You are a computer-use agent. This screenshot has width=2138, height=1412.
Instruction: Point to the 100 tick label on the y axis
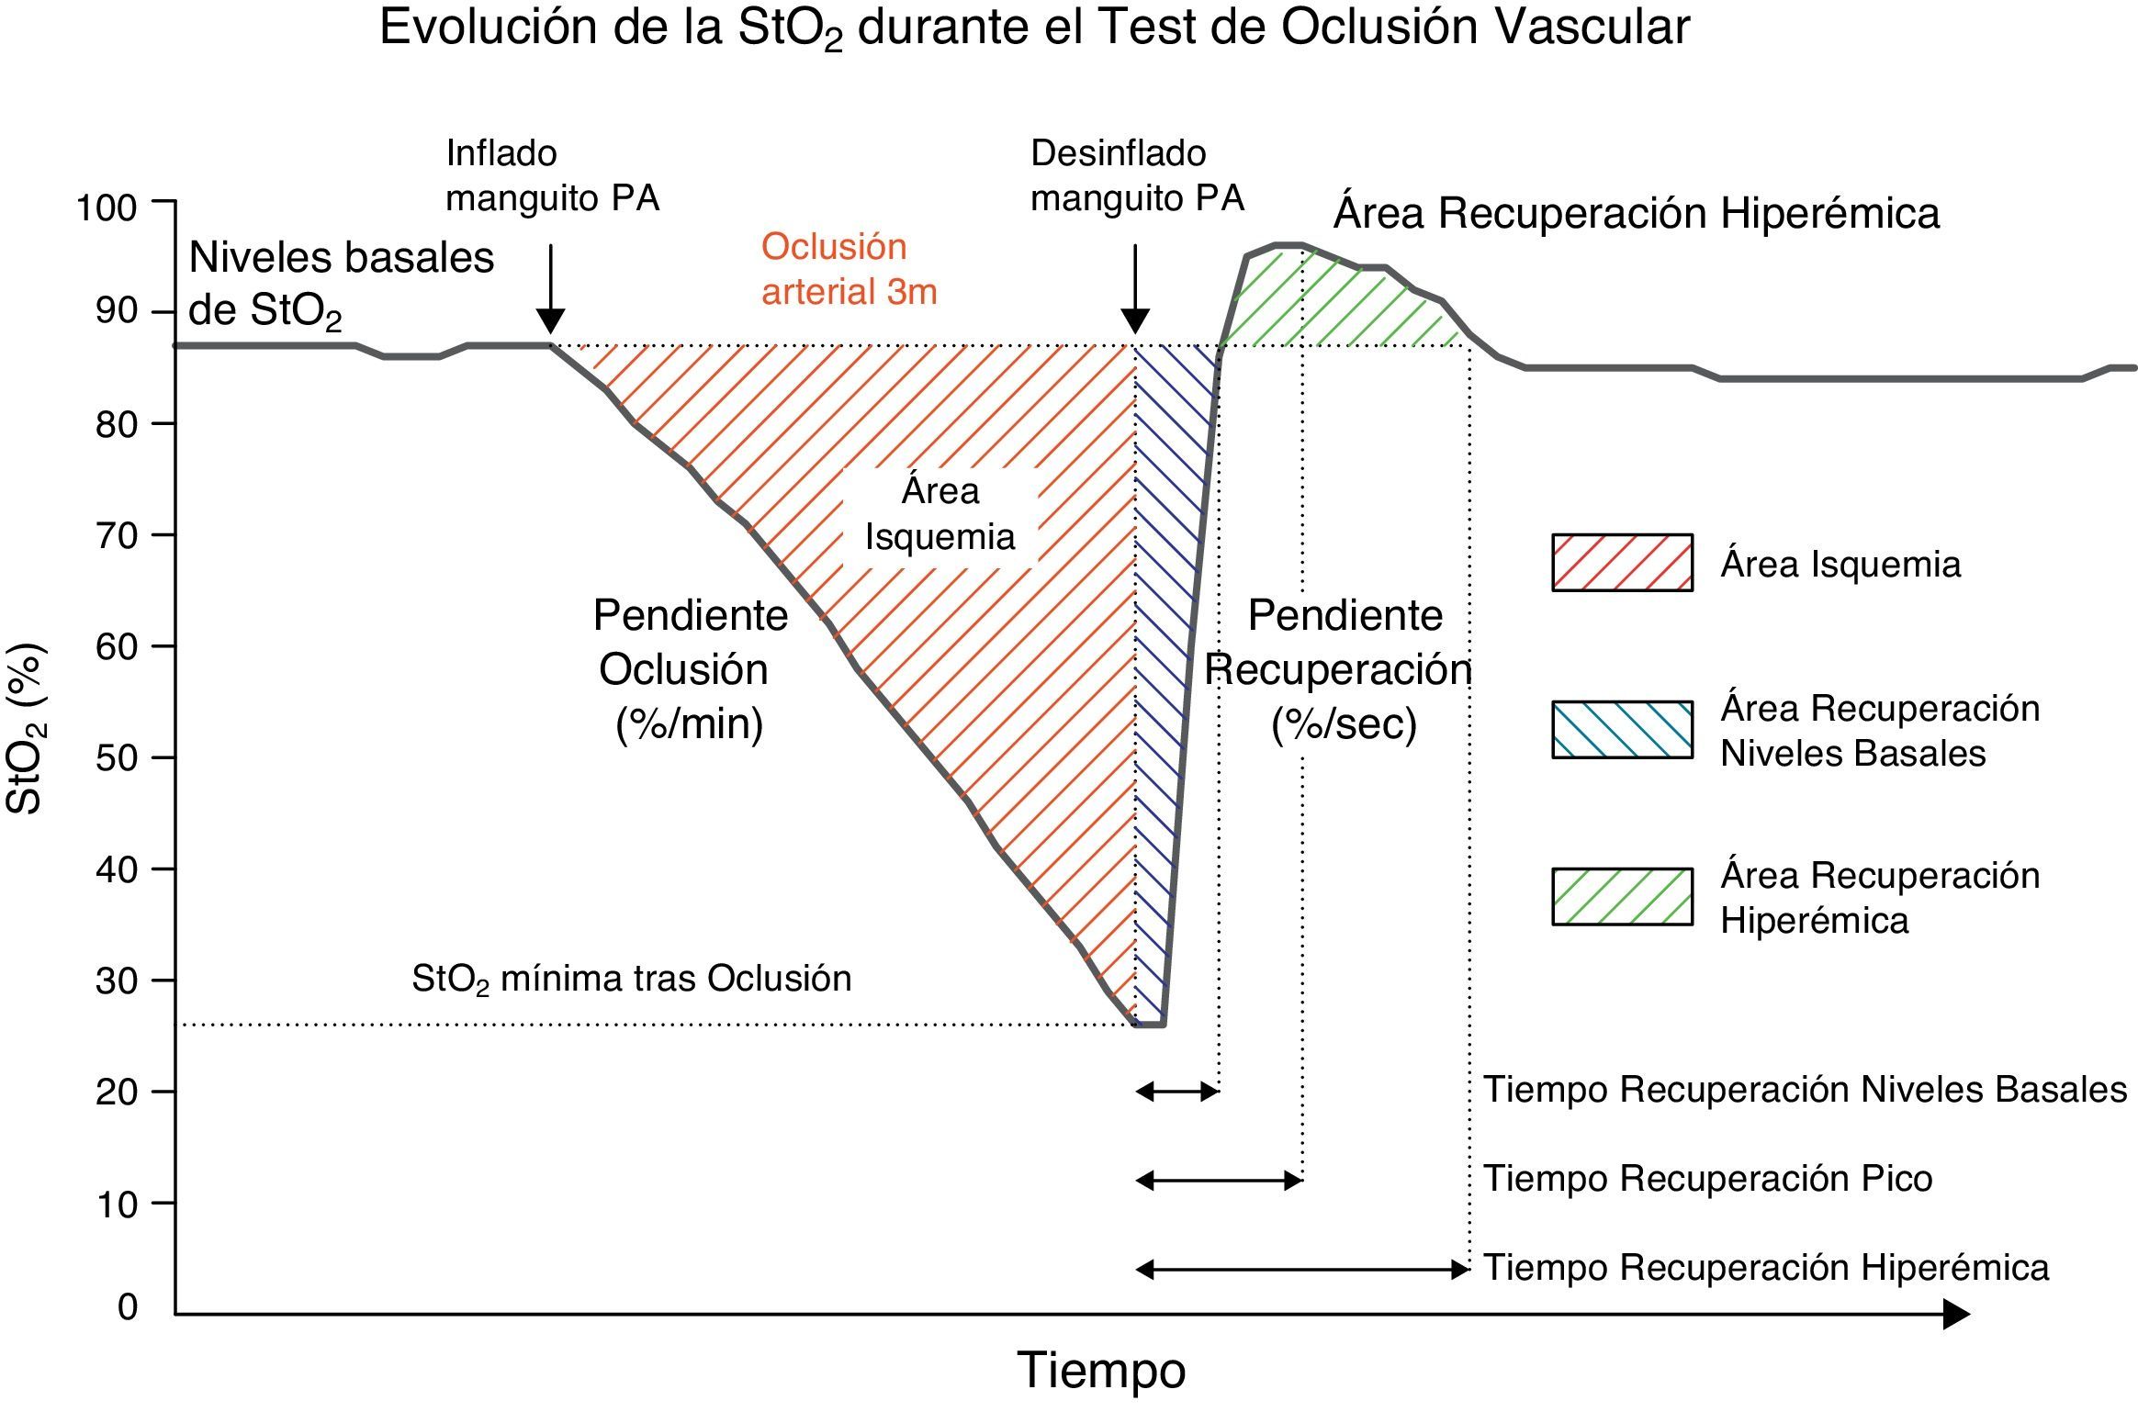click(107, 207)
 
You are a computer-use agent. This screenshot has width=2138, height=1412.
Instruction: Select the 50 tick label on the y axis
click(117, 759)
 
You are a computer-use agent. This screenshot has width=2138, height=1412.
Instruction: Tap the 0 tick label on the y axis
click(128, 1306)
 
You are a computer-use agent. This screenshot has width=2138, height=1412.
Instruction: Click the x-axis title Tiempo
click(1101, 1371)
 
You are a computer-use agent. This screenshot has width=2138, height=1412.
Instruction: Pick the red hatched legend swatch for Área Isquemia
click(1622, 563)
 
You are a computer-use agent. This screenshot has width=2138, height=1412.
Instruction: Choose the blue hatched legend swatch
click(1622, 730)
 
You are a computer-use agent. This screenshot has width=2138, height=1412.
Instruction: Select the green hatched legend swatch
click(1622, 896)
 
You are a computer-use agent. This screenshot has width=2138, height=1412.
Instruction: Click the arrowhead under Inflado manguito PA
click(550, 321)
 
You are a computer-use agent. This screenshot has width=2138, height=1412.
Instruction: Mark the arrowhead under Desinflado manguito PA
click(1135, 321)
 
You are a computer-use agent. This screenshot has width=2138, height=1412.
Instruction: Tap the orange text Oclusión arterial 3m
click(849, 269)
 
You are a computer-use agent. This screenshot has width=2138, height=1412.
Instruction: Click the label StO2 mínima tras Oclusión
click(631, 979)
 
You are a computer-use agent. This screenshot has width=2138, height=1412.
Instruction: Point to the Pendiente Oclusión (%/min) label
click(689, 669)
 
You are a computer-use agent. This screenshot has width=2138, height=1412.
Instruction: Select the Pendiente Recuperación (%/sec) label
click(1343, 669)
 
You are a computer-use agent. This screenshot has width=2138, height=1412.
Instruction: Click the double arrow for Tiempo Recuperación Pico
click(1219, 1180)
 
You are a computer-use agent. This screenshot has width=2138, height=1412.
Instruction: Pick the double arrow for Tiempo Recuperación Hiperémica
click(1302, 1270)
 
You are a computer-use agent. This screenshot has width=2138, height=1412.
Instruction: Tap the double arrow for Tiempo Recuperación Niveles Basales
click(1176, 1092)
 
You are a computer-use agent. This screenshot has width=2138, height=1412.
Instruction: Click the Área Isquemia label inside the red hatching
click(940, 514)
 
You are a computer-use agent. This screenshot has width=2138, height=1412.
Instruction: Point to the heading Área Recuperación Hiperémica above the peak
click(1636, 213)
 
